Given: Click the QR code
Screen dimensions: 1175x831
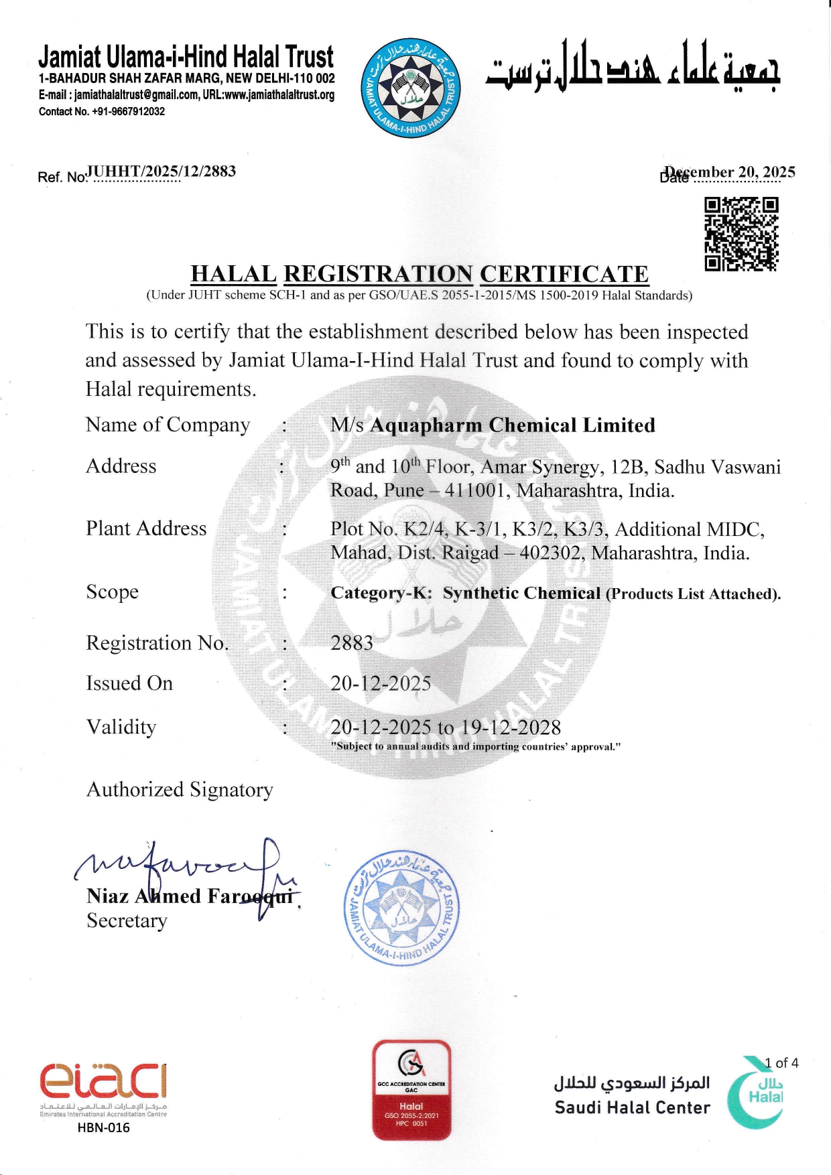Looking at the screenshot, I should click(x=741, y=234).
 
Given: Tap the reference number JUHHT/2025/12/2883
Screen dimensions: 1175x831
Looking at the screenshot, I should click(x=162, y=171).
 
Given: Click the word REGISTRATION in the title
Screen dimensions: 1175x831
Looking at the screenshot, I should click(x=378, y=274).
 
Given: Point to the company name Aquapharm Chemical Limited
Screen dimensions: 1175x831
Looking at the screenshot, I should click(x=513, y=425).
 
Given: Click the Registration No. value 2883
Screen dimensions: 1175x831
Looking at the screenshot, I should click(x=351, y=643).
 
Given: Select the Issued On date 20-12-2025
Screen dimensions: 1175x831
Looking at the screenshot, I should click(x=381, y=683).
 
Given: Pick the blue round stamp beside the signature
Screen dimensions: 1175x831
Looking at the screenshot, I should click(x=401, y=908).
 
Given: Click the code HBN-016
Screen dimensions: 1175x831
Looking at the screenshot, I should click(x=103, y=1127).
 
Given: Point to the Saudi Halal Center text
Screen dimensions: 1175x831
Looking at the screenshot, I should click(x=632, y=1108).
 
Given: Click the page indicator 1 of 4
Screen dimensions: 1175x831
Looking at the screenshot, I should click(x=781, y=1063).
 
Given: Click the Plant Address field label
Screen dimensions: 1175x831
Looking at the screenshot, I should click(x=146, y=529).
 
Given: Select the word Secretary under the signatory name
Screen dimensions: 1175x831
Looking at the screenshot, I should click(x=127, y=921).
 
